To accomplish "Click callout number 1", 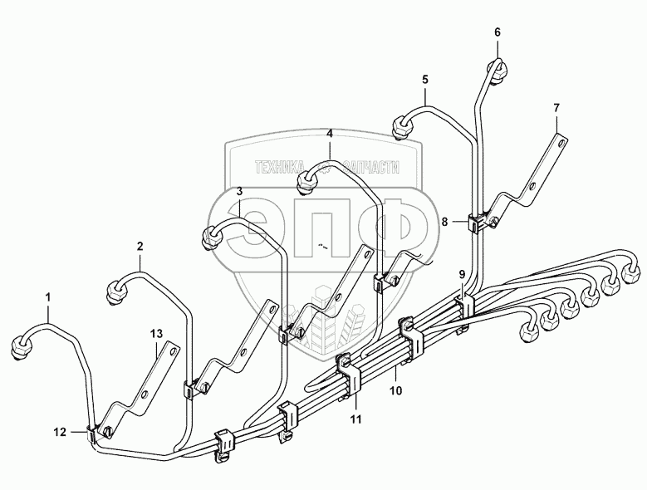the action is (x=48, y=296).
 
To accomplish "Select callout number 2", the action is (x=140, y=246).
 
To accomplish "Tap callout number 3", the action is (x=238, y=191).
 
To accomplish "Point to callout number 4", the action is (x=329, y=134).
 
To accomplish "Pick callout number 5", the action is (x=425, y=80).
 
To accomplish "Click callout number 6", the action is (x=498, y=32).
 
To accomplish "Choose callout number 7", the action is (x=556, y=108).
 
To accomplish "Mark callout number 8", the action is (x=445, y=222).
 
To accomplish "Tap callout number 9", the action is (x=462, y=274).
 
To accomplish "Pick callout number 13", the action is (x=157, y=334).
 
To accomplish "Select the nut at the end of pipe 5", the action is (x=402, y=126).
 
